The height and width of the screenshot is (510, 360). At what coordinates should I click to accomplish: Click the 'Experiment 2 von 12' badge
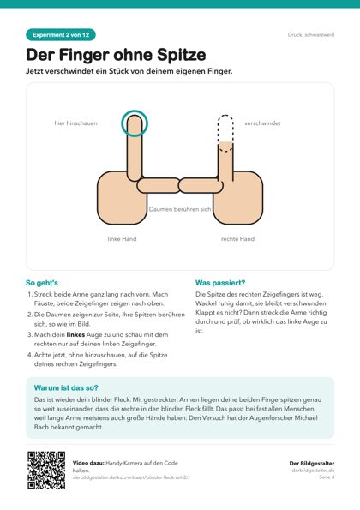61,35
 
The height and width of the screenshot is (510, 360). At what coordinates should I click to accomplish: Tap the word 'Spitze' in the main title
182,55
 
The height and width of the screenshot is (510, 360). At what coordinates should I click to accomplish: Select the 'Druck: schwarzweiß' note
311,35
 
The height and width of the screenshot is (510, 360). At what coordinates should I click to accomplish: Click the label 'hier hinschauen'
75,123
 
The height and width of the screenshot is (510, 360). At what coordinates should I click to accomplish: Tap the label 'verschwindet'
262,123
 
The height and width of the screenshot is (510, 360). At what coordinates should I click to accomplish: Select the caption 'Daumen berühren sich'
180,209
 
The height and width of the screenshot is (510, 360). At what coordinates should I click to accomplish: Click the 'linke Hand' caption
122,239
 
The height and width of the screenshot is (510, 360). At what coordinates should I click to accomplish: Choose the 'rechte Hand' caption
237,239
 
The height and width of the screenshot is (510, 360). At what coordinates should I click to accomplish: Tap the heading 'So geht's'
42,283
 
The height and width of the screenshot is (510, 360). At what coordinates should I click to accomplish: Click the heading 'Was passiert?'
220,283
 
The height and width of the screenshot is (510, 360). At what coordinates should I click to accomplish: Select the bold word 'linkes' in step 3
75,334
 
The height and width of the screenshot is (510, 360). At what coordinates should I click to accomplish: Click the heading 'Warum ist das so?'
66,387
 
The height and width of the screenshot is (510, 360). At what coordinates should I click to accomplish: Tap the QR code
46,470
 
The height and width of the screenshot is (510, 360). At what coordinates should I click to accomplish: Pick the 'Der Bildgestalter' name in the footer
312,463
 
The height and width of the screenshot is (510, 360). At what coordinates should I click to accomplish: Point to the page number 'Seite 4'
327,477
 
